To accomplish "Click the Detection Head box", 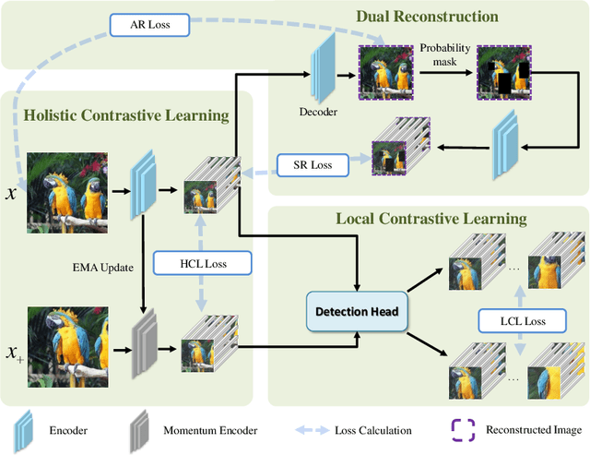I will click(x=358, y=312).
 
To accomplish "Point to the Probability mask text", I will click(x=444, y=54).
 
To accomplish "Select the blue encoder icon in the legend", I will click(x=23, y=430).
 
